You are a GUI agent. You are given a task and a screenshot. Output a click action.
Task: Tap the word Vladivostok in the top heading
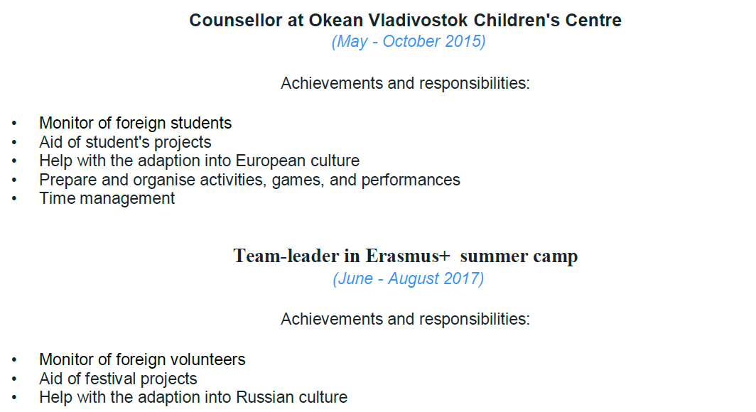pos(418,20)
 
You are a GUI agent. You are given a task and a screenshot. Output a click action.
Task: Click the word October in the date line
pos(411,41)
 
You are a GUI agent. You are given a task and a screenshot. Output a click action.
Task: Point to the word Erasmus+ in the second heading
pos(407,256)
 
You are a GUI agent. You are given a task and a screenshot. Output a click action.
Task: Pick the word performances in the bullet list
pos(411,180)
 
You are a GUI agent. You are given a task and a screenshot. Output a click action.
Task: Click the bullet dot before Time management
pos(14,199)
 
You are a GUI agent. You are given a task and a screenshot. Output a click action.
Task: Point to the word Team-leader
pos(286,256)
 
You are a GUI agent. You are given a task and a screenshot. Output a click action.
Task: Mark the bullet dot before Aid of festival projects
pos(14,379)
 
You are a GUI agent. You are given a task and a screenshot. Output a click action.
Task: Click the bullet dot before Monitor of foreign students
pos(14,124)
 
